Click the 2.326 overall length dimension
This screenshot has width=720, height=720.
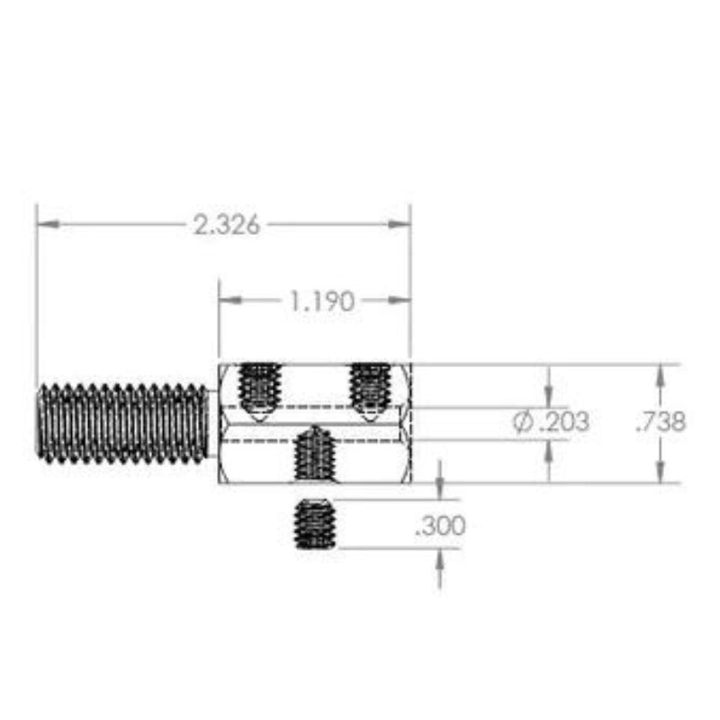tap(226, 224)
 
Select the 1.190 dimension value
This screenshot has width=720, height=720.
tap(321, 301)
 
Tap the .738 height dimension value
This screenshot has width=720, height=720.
tap(661, 422)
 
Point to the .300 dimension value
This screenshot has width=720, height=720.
tap(440, 526)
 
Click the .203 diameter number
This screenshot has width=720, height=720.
tap(564, 421)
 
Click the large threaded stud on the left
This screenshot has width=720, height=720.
tap(122, 422)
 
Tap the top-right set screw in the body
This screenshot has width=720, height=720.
tap(369, 389)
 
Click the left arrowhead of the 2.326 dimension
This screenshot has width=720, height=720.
tap(48, 223)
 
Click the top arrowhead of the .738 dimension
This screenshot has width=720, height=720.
tap(661, 374)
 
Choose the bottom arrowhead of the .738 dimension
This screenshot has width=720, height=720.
tap(661, 473)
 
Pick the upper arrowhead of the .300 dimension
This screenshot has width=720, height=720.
tap(439, 489)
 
